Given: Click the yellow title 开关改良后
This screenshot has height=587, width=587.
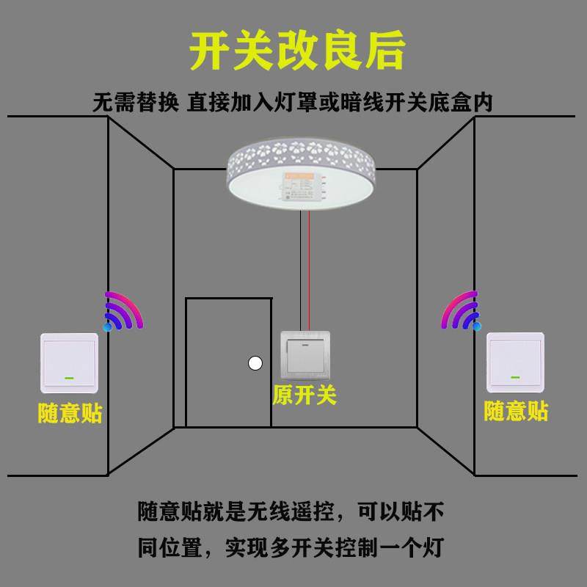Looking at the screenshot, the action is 297,51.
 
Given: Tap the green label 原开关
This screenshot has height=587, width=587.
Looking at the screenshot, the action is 305,395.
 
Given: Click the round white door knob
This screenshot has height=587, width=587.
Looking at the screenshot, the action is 255,362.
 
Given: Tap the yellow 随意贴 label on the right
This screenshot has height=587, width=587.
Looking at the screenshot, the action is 516,411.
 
